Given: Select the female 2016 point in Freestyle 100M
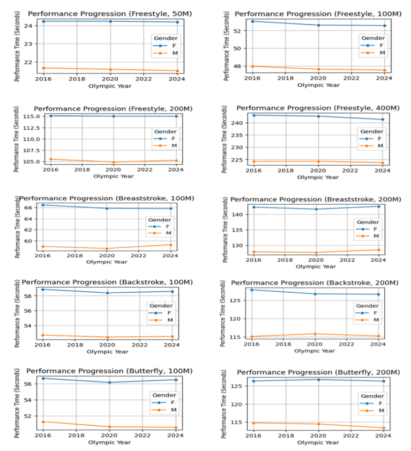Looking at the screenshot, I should coord(253,21).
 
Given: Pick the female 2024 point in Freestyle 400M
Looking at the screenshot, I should coord(383,119).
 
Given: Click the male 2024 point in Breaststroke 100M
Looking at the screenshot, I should coord(171,245).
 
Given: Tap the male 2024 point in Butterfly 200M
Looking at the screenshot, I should coord(383,428).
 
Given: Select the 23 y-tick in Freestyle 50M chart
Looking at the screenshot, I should coord(28,44).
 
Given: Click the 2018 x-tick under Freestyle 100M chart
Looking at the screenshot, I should coord(284,79).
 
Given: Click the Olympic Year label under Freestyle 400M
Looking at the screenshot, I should coord(318,177).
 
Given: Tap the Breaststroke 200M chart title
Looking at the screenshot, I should coord(316,200).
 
